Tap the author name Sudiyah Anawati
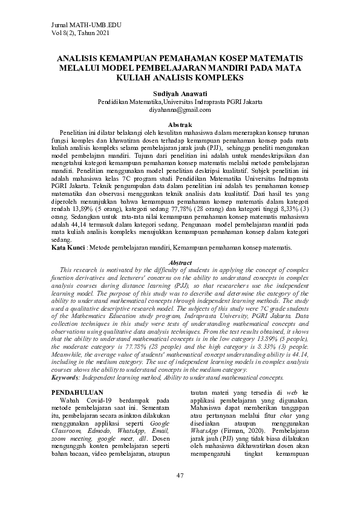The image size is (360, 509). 180,94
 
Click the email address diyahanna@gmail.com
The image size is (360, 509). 180,110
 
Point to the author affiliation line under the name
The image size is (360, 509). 180,102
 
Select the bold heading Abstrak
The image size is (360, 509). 180,124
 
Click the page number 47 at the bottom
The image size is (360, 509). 180,476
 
